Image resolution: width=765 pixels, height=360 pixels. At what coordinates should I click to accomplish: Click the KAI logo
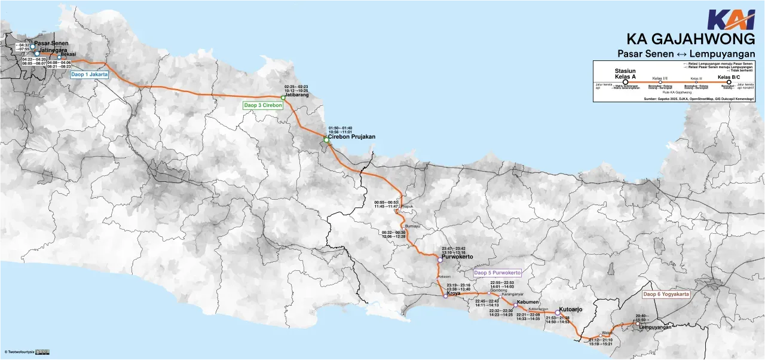click(x=731, y=20)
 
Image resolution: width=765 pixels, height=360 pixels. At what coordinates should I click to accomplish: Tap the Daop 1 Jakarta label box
click(x=90, y=75)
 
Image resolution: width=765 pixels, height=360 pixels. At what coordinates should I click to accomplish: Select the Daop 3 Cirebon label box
click(x=262, y=105)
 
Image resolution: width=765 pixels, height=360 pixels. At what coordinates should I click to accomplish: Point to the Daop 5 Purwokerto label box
click(x=497, y=273)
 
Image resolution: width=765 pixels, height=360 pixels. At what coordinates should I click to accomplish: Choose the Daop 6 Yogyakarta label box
click(x=666, y=294)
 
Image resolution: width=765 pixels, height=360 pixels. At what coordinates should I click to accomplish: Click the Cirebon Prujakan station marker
click(x=326, y=140)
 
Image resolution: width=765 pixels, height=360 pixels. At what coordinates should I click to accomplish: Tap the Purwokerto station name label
click(x=457, y=257)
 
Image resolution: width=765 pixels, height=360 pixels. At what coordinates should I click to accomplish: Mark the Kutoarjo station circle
click(x=557, y=313)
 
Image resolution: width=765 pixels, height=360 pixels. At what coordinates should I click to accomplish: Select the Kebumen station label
click(x=528, y=303)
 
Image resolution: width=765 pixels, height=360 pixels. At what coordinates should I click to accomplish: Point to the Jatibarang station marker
click(x=283, y=97)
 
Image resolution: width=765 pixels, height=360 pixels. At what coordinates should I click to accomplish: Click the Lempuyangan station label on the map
click(x=654, y=327)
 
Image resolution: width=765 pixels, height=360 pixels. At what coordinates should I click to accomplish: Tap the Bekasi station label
click(x=68, y=55)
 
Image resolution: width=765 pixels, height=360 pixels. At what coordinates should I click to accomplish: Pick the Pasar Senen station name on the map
click(x=51, y=43)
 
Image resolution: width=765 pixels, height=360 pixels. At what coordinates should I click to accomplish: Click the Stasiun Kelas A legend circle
click(x=625, y=83)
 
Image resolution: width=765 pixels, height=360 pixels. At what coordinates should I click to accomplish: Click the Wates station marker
click(x=601, y=336)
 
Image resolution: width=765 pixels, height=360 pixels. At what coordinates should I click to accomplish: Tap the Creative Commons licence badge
click(x=42, y=352)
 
